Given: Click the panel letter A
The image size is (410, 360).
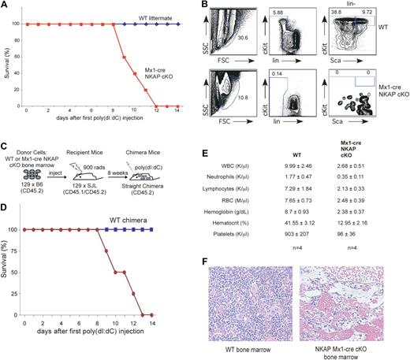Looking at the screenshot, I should point(6,6).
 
